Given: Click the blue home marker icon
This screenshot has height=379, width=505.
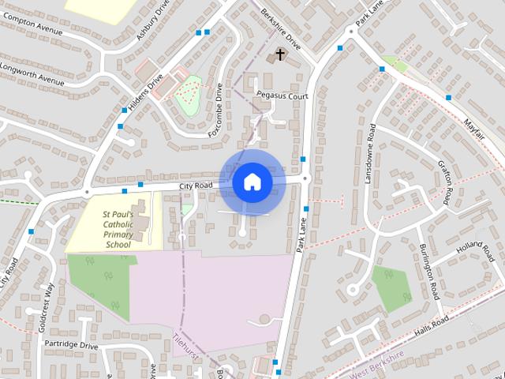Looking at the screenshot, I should (252, 182).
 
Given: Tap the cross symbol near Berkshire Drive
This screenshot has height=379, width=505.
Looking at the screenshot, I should (279, 54).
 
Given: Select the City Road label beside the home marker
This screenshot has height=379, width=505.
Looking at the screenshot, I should (196, 186).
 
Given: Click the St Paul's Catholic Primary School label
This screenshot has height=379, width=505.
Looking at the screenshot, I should (118, 228).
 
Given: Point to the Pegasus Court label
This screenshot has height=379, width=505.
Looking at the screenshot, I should (282, 96).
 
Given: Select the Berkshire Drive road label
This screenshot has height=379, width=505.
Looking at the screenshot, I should (283, 31).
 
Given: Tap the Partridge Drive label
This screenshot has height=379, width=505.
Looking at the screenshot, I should (71, 344).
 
